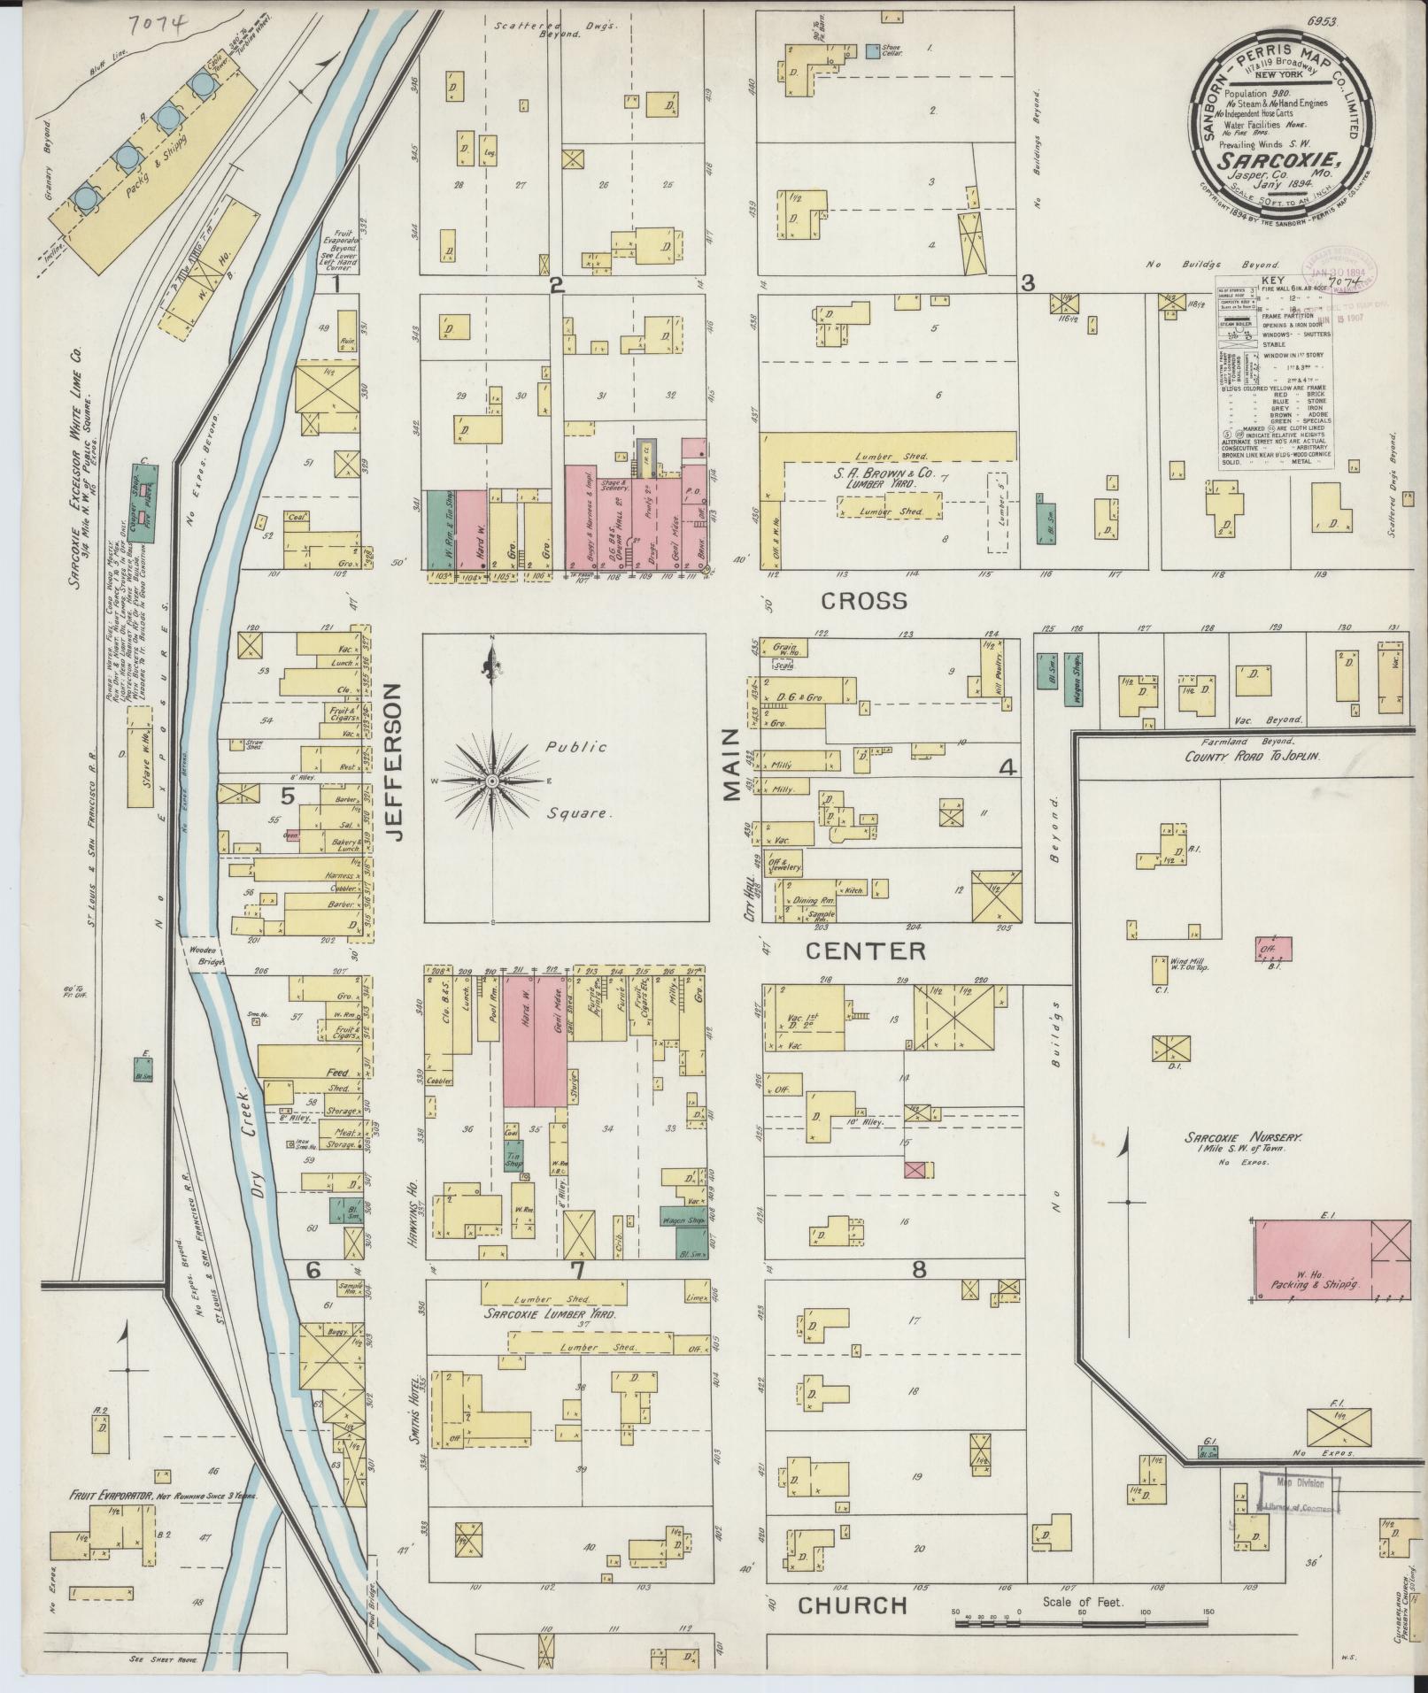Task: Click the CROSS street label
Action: pos(864,602)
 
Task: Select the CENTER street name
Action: pos(866,951)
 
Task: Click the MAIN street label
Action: pos(731,765)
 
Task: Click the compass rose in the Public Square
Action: pos(491,781)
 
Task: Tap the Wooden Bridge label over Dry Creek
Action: pos(205,956)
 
